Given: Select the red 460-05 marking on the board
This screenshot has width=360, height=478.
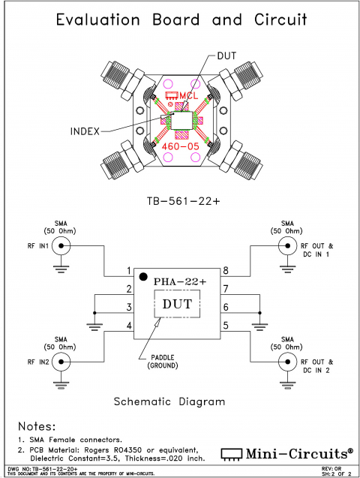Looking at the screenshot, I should [180, 147].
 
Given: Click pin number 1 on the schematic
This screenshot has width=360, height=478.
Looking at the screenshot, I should [129, 271].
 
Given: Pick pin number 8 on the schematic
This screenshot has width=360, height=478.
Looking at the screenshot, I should [225, 271].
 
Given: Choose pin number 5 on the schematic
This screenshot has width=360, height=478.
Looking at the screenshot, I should [225, 325].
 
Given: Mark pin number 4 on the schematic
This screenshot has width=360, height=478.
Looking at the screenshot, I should [129, 325].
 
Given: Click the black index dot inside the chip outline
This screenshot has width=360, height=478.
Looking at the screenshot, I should [142, 278].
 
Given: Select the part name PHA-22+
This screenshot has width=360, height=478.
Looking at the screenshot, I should [180, 281].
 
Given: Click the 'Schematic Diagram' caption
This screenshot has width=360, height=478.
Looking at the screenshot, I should [169, 401].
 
